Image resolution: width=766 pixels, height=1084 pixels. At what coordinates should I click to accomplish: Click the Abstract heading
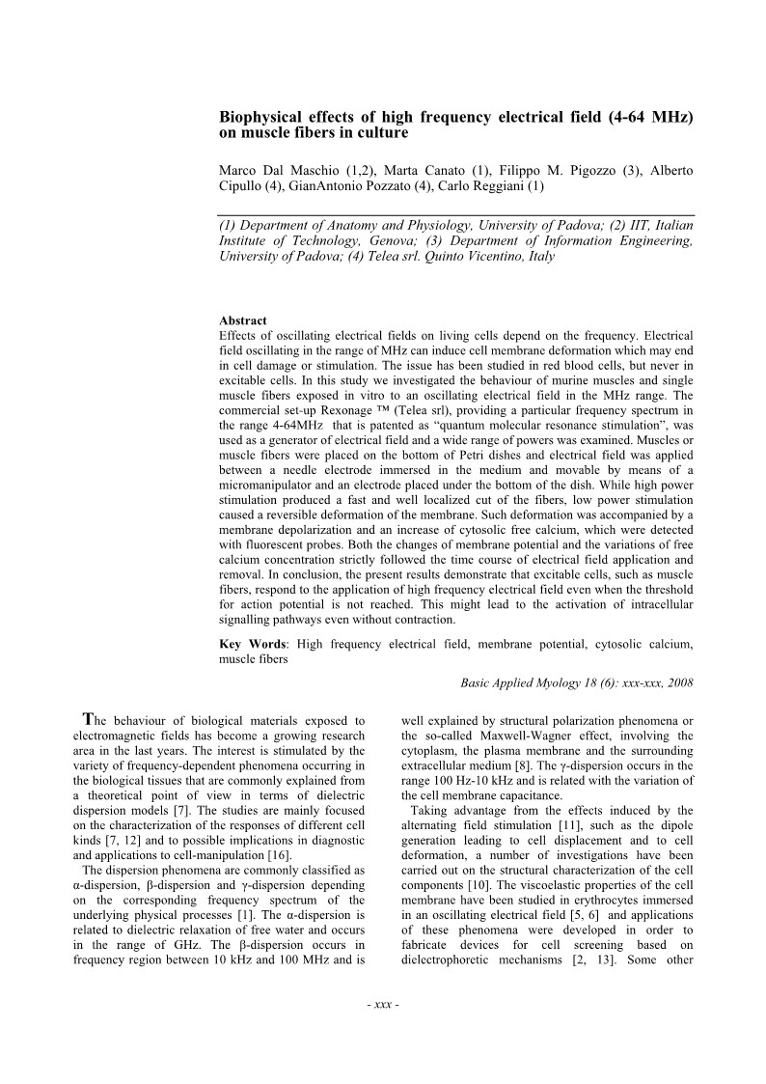(x=243, y=320)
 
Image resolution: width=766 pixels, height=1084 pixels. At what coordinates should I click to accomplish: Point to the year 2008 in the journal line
(x=679, y=681)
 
